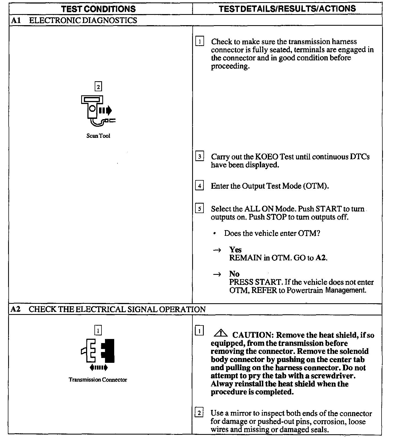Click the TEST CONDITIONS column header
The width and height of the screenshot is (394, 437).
pyautogui.click(x=98, y=9)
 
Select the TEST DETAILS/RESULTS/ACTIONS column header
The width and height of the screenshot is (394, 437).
pyautogui.click(x=287, y=9)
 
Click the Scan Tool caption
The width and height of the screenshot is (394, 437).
pyautogui.click(x=98, y=136)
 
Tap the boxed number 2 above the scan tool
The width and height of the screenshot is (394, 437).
pyautogui.click(x=98, y=87)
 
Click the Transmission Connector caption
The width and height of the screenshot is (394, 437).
pyautogui.click(x=98, y=380)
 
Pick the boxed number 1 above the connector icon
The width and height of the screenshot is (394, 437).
pyautogui.click(x=98, y=330)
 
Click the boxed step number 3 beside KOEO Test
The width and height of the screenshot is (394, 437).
pyautogui.click(x=199, y=156)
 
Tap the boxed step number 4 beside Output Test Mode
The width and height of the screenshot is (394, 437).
pyautogui.click(x=199, y=186)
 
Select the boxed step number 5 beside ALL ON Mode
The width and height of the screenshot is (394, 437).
pyautogui.click(x=199, y=209)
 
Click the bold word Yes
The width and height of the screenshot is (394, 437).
pyautogui.click(x=235, y=249)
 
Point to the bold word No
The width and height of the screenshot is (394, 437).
pyautogui.click(x=234, y=274)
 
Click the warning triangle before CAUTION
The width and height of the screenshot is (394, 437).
pyautogui.click(x=221, y=334)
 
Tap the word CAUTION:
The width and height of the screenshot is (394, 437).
pyautogui.click(x=253, y=335)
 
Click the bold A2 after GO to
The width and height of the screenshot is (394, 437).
pyautogui.click(x=321, y=258)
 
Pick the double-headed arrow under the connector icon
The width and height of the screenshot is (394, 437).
pyautogui.click(x=98, y=367)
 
